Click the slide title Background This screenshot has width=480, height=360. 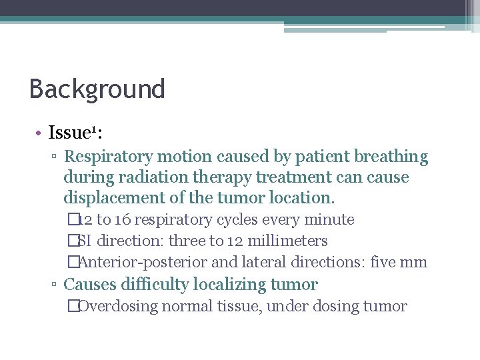tap(97, 89)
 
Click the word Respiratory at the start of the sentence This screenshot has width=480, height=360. tap(105, 157)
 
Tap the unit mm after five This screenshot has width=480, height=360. tap(413, 263)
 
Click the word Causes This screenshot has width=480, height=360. tap(88, 285)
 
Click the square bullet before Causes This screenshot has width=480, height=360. tap(53, 285)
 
